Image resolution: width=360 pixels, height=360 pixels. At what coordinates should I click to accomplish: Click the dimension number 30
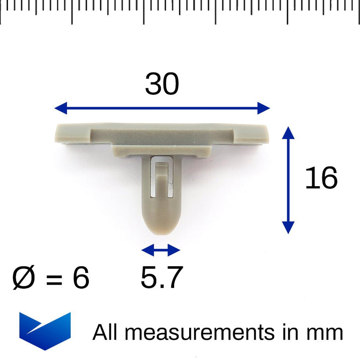point(162,84)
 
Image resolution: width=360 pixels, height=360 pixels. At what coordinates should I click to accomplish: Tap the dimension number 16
point(321,178)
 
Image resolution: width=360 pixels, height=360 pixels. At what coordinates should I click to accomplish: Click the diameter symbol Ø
point(24,278)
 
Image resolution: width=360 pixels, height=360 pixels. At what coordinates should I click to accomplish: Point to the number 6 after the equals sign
point(80,278)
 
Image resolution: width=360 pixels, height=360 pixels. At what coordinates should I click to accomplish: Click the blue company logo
point(45,330)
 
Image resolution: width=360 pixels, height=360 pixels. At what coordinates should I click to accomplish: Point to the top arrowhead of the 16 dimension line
point(288,133)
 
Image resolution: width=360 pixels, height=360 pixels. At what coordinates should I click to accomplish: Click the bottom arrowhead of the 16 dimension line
point(288,227)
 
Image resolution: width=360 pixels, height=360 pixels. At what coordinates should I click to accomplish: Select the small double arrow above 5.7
point(161,251)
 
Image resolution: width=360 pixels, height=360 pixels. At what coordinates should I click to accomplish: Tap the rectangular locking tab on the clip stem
point(161,176)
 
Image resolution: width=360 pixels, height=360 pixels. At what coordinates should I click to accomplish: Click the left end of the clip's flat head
point(62,134)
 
